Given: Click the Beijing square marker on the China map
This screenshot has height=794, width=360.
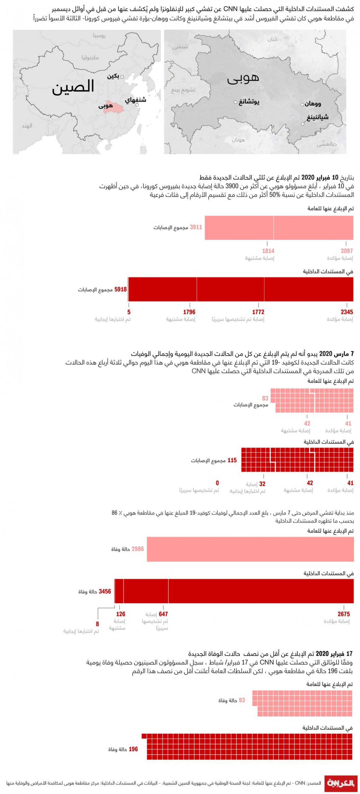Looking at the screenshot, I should click(x=122, y=77).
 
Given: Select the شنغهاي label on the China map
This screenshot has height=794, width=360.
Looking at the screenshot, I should click(x=136, y=100).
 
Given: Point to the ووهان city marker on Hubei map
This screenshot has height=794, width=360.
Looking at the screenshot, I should click(x=302, y=105).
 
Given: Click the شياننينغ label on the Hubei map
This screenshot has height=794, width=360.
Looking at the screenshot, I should click(x=318, y=117).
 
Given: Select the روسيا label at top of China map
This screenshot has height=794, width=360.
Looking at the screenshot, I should click(x=99, y=36).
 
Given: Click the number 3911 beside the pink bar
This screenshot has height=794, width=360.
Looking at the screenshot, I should click(x=196, y=227).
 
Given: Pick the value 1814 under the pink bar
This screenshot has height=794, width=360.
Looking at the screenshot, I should click(x=268, y=251).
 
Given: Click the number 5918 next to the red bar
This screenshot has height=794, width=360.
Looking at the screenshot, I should click(x=121, y=289).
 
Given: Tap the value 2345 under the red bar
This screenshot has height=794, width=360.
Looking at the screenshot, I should click(x=347, y=312).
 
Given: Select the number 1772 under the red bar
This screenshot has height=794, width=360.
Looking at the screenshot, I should click(x=258, y=312).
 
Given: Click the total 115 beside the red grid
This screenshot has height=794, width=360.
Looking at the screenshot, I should click(x=232, y=460).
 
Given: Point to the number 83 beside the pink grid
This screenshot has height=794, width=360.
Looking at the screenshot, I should click(x=265, y=398).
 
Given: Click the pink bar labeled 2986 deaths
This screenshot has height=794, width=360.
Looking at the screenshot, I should click(x=250, y=549).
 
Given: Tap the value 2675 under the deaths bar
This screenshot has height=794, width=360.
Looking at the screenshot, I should click(x=344, y=614).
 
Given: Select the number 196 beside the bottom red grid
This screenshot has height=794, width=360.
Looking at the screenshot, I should click(x=133, y=749).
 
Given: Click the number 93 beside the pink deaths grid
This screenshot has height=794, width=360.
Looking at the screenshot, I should click(x=242, y=700).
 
